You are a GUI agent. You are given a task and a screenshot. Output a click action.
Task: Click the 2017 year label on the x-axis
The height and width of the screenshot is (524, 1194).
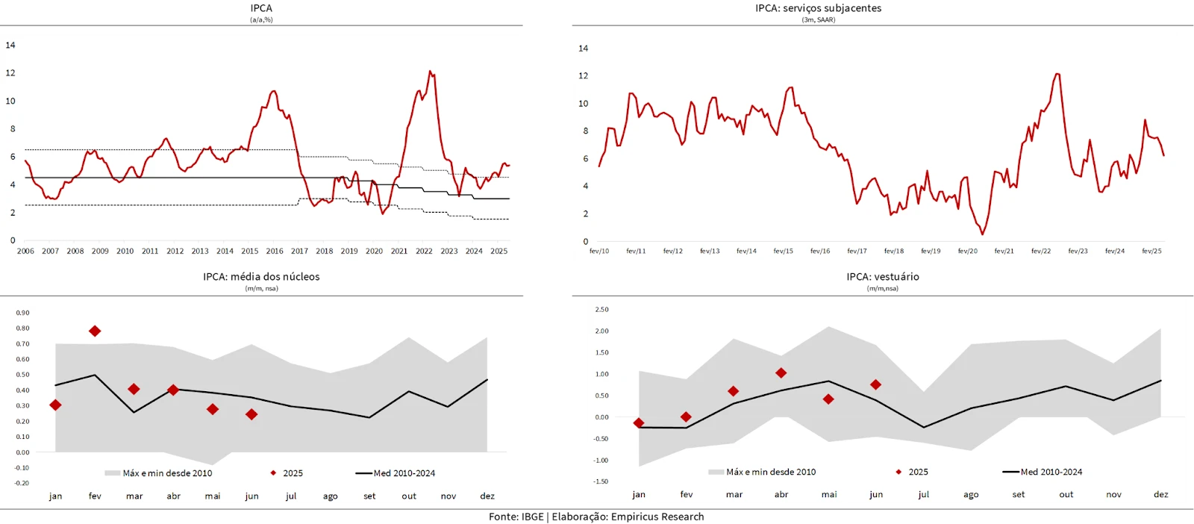click(299, 252)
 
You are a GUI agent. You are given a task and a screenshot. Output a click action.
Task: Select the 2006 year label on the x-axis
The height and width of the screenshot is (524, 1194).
click(25, 252)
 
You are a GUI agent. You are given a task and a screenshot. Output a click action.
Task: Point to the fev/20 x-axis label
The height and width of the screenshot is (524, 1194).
click(967, 252)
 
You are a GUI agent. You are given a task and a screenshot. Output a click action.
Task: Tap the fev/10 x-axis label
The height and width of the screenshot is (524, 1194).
click(599, 252)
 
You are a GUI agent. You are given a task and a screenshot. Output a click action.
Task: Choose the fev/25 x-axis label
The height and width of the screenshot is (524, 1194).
click(1151, 252)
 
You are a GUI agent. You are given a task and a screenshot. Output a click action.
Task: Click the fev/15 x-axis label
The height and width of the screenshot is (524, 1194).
click(783, 252)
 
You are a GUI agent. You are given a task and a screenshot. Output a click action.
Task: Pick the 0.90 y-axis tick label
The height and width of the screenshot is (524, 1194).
click(22, 313)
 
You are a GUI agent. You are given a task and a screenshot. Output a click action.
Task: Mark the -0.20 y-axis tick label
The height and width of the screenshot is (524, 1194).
click(22, 483)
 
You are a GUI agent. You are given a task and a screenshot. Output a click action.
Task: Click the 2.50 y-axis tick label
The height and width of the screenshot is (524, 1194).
click(601, 309)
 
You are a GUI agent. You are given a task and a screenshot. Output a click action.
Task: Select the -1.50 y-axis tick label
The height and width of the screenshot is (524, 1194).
click(600, 481)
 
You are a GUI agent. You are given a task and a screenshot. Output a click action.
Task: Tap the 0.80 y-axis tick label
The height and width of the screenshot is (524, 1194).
click(22, 328)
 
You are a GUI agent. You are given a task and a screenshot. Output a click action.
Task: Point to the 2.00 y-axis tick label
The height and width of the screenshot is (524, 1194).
click(601, 331)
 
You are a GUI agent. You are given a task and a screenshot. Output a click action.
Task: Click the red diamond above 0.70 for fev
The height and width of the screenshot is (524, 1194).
click(95, 331)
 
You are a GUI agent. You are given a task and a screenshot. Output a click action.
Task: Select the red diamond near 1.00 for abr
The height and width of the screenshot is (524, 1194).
click(781, 373)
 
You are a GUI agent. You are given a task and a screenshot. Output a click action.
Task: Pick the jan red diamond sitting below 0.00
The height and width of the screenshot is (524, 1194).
click(639, 423)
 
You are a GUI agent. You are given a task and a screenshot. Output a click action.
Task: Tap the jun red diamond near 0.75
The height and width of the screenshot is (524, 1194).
click(876, 385)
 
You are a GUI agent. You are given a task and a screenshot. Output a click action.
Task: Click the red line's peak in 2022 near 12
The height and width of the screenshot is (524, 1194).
click(430, 72)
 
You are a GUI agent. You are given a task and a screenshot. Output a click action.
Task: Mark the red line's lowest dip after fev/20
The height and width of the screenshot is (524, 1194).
click(982, 234)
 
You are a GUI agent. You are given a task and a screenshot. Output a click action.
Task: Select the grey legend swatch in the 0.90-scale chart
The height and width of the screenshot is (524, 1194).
click(113, 473)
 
